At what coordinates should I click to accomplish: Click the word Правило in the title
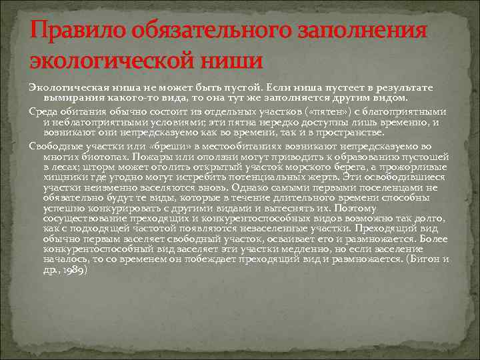66,31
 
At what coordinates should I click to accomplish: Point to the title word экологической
113,62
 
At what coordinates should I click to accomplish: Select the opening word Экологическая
64,88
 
